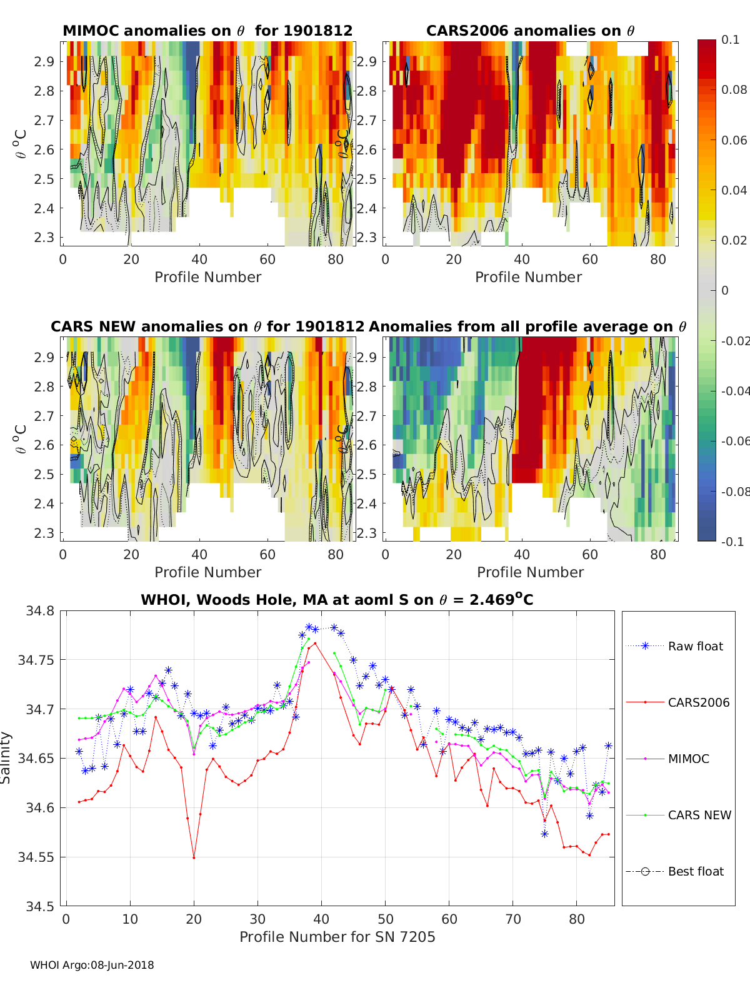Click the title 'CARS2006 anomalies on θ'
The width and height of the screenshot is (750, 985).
tap(530, 31)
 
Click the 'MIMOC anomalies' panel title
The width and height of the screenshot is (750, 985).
tap(207, 31)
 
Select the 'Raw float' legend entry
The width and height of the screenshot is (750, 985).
tap(695, 646)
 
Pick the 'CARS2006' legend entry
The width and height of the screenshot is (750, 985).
tap(698, 702)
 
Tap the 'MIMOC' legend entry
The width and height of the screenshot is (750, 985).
tap(688, 759)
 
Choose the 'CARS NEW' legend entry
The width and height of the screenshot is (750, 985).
tap(699, 815)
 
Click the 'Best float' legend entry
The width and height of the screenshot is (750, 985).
tap(696, 871)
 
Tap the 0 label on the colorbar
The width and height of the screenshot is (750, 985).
tap(725, 290)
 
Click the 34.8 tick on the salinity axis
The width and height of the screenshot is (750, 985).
tap(40, 610)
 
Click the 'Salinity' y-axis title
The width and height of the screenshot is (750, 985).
tap(6, 757)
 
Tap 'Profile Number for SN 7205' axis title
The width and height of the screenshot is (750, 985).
tap(337, 937)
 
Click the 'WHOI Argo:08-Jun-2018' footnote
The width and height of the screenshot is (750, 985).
tap(92, 965)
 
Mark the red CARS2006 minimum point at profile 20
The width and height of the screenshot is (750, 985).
tap(194, 857)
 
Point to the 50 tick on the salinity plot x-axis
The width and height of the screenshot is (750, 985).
tap(386, 919)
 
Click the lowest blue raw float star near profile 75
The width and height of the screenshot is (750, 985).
tap(544, 834)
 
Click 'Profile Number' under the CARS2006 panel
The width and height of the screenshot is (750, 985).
tap(528, 277)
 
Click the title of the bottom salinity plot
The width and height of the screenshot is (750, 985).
tap(337, 600)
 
